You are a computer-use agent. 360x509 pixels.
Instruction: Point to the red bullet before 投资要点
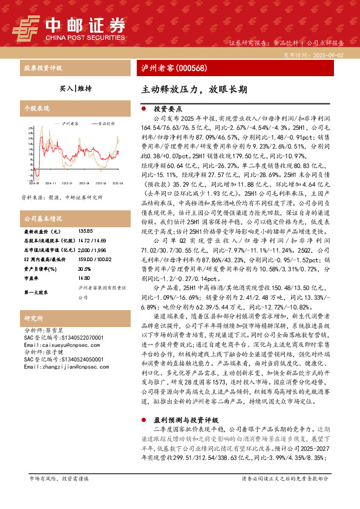pos(143,109)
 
